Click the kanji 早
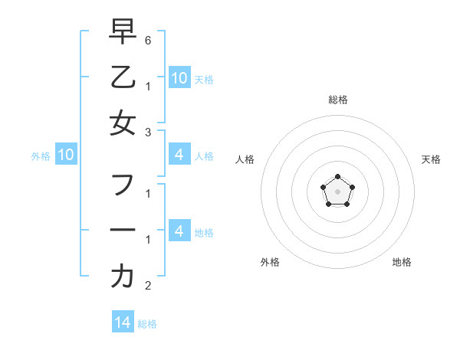(x=123, y=31)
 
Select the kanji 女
(x=123, y=123)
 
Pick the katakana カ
(x=123, y=277)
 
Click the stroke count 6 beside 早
(x=148, y=39)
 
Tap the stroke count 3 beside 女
(x=148, y=132)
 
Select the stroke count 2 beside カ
(x=148, y=286)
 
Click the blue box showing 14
(x=123, y=322)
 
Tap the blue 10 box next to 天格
(x=179, y=77)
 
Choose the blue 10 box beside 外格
(x=66, y=155)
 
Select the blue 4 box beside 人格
(x=179, y=155)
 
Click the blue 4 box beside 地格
(x=179, y=231)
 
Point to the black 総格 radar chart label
(x=337, y=100)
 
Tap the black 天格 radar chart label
(x=431, y=159)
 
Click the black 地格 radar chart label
(x=402, y=262)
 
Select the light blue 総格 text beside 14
(x=147, y=324)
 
